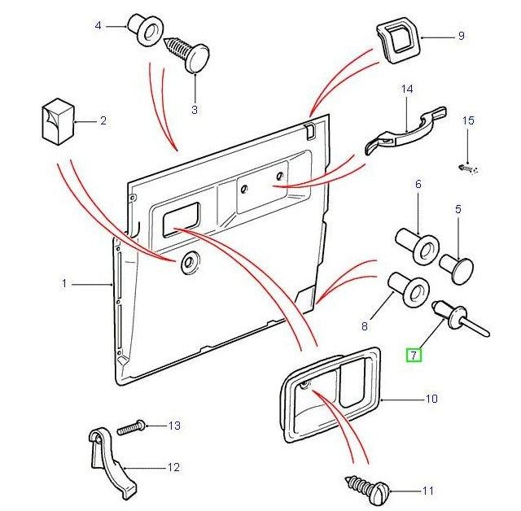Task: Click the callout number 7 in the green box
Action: pyautogui.click(x=414, y=355)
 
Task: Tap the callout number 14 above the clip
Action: pyautogui.click(x=407, y=89)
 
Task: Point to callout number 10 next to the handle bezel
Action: pyautogui.click(x=431, y=399)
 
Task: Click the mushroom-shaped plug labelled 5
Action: pyautogui.click(x=459, y=266)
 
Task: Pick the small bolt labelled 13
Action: pyautogui.click(x=131, y=426)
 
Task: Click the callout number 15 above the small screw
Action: pyautogui.click(x=467, y=121)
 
